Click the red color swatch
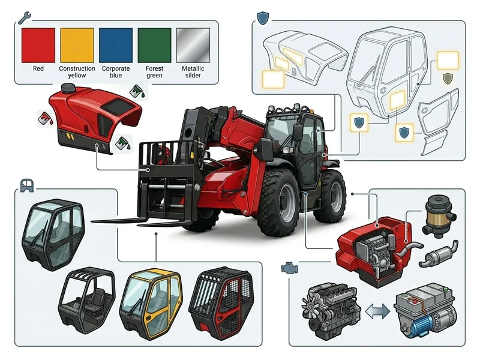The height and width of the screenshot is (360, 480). tap(38, 46)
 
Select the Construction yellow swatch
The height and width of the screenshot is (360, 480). tap(77, 46)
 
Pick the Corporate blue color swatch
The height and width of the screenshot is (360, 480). tap(116, 46)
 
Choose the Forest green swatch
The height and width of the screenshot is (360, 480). tap(155, 46)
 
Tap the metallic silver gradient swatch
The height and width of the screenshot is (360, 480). tap(193, 46)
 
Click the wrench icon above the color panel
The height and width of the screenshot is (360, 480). tap(24, 18)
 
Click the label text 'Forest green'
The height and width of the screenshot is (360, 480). tap(154, 72)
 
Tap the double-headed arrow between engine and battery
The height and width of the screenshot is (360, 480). tap(378, 311)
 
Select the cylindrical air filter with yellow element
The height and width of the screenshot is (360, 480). tap(439, 217)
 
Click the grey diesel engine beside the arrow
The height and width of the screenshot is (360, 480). tap(329, 311)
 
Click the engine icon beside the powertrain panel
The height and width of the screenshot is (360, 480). tap(289, 268)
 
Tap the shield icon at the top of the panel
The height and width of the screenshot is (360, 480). tap(263, 18)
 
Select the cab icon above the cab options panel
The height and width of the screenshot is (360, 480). tap(26, 185)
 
